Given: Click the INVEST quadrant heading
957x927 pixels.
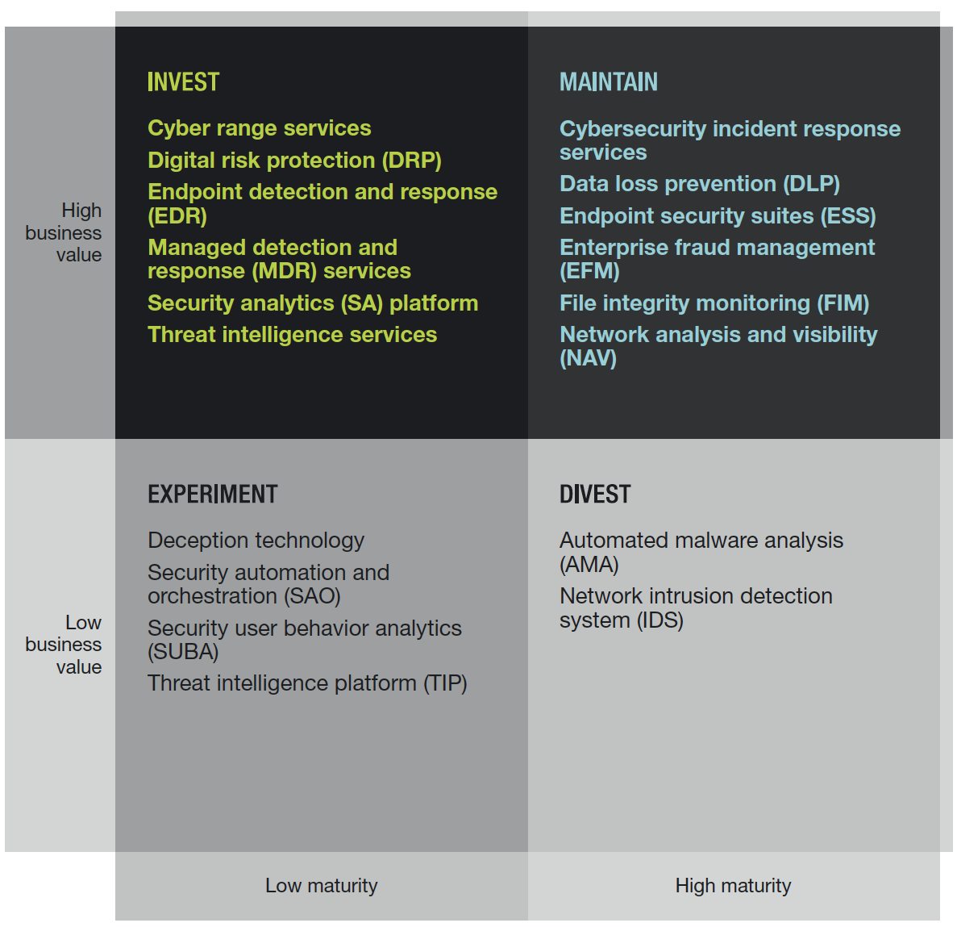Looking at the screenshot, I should tap(183, 82).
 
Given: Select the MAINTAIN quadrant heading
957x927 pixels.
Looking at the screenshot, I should tap(609, 82).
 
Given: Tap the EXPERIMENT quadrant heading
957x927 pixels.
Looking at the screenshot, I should tap(213, 495).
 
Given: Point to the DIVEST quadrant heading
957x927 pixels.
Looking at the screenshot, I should tap(595, 495).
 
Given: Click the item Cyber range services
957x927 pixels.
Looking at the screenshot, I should tap(260, 128).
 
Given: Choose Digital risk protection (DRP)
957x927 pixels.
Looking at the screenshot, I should tap(294, 161).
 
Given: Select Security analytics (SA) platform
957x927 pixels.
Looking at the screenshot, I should tap(313, 303).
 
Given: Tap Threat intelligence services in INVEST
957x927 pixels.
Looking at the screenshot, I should tap(292, 335).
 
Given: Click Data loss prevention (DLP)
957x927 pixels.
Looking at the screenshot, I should tap(700, 184).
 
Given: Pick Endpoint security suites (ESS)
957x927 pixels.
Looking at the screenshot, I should tap(718, 216).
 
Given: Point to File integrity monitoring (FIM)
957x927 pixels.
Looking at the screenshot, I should tap(714, 303).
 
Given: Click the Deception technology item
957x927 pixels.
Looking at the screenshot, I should tap(256, 541).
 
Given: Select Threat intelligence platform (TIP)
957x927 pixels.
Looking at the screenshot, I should tap(307, 683).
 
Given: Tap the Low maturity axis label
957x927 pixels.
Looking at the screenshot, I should tap(321, 886).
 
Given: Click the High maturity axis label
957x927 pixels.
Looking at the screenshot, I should tap(733, 886).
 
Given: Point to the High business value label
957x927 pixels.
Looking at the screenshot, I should tap(64, 232).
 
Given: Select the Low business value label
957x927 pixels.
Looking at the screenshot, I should tap(64, 645).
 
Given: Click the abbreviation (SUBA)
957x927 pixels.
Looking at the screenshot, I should tap(183, 652).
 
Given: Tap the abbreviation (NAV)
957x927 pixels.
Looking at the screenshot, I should tap(589, 359).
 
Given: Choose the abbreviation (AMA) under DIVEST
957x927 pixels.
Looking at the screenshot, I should tap(589, 565).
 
